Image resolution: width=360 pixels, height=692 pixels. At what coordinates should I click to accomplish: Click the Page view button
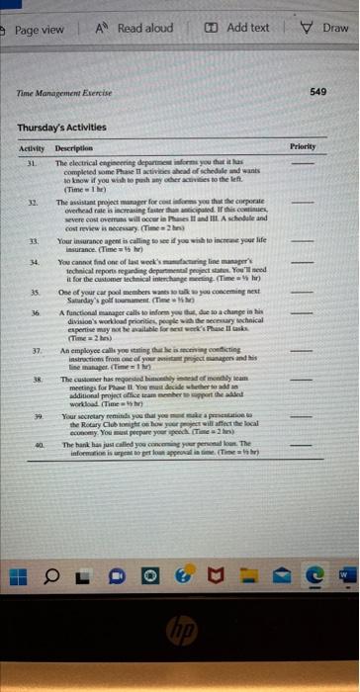36,29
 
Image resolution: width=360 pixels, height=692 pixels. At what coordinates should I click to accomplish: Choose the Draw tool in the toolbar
328,29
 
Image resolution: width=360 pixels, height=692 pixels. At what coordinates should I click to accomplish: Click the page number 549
317,90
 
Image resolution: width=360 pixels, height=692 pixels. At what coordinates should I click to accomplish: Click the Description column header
73,147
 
